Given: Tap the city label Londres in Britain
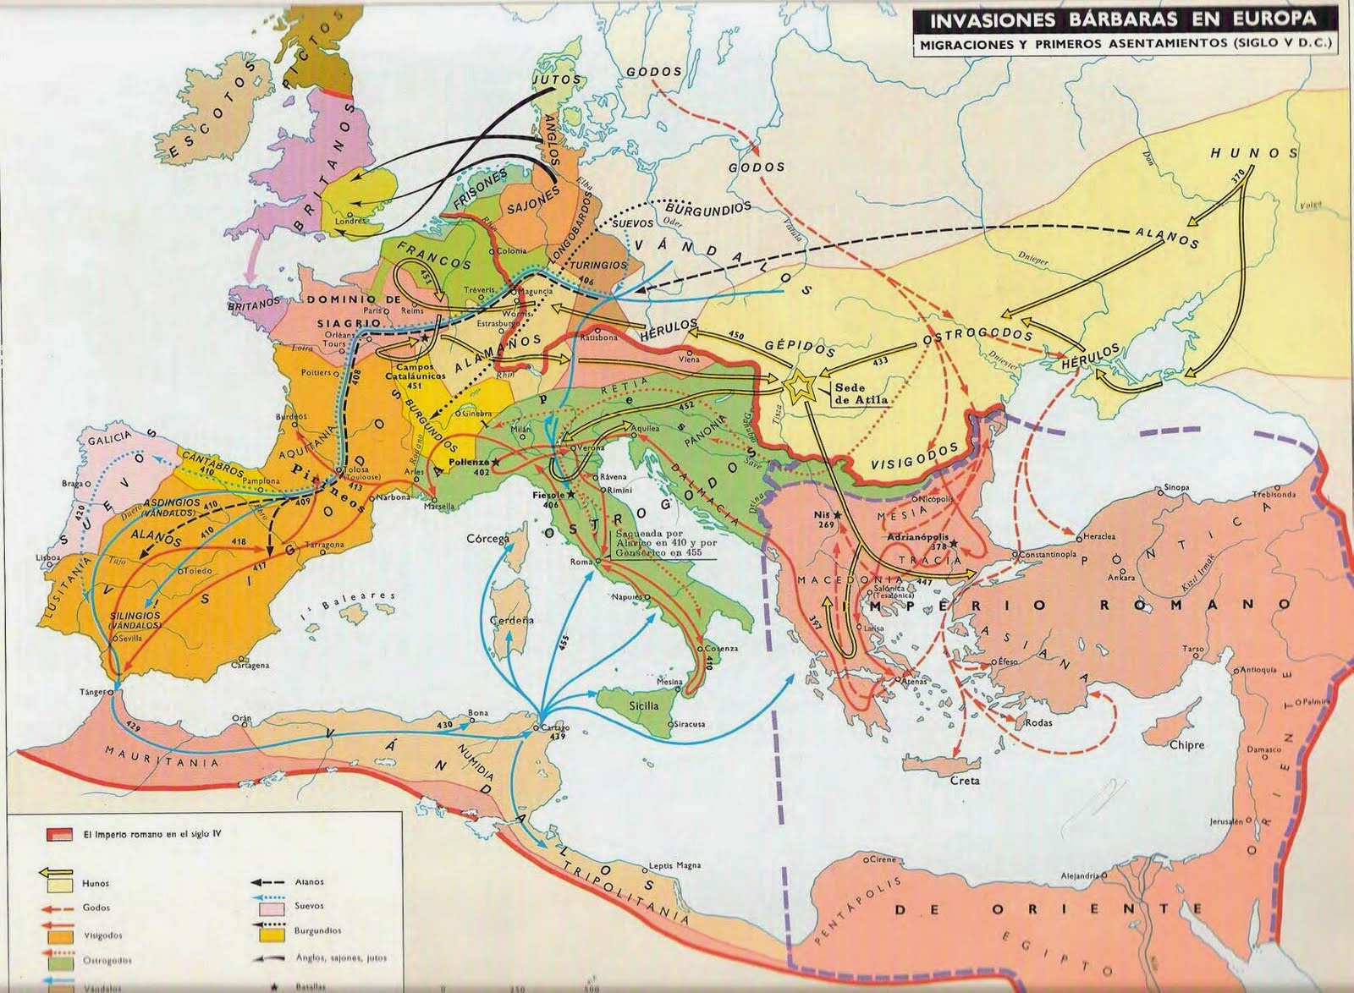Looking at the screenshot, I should (350, 221).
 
